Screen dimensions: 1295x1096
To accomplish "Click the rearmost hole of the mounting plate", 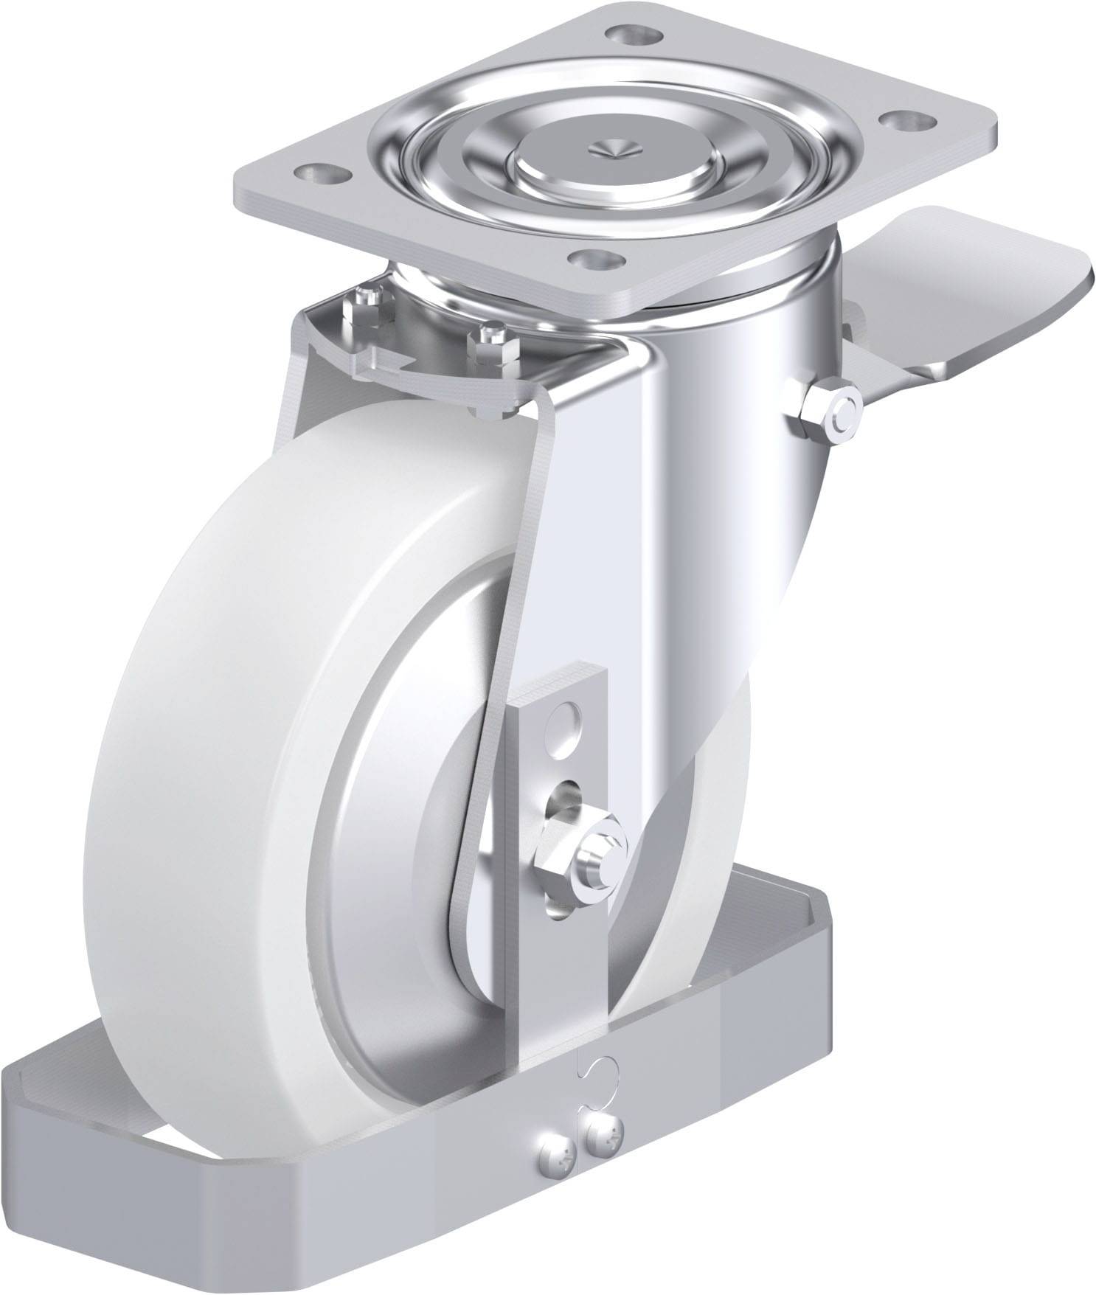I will click(634, 32).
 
